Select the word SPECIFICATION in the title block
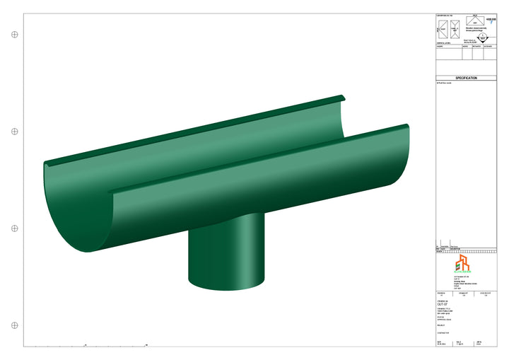(x=466, y=79)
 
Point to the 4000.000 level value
(x=491, y=19)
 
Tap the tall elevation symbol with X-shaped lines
(x=455, y=30)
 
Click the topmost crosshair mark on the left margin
(x=14, y=34)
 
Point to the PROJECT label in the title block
(x=442, y=326)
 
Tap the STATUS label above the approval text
(x=441, y=317)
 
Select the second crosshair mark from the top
(x=14, y=132)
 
